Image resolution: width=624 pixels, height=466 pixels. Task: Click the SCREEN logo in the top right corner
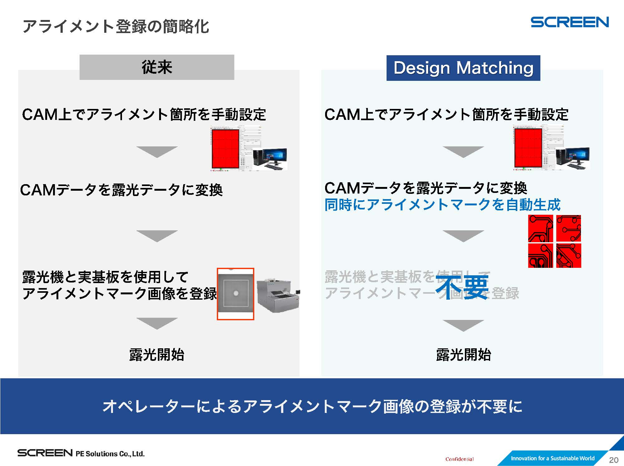(x=569, y=22)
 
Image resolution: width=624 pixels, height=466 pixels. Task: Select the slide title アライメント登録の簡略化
(x=115, y=26)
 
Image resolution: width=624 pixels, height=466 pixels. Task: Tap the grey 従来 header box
(x=157, y=67)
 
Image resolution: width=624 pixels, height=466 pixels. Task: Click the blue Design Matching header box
(x=463, y=68)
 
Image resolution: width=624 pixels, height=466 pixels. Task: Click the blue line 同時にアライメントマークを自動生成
(x=442, y=205)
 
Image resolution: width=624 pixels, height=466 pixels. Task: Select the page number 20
(x=613, y=460)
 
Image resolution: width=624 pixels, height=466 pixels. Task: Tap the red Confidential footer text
(x=459, y=459)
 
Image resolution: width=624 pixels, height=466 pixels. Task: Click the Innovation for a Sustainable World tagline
(x=552, y=458)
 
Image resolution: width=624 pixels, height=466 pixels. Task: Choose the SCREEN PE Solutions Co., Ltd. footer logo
(x=81, y=453)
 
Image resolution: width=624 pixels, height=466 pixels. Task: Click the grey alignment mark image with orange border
(x=236, y=293)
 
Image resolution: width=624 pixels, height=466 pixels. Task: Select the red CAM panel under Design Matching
(x=528, y=148)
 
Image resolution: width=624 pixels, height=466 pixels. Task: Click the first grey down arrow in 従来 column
(x=157, y=152)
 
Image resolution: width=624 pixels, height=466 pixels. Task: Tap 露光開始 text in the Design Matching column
(x=463, y=355)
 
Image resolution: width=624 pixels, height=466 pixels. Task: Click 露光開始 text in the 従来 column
(x=157, y=355)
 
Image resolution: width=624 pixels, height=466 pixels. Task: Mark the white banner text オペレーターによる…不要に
(x=312, y=406)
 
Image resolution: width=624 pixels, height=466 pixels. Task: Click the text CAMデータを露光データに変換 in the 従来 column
(x=121, y=190)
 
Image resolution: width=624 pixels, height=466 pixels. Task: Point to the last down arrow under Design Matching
(x=463, y=325)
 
